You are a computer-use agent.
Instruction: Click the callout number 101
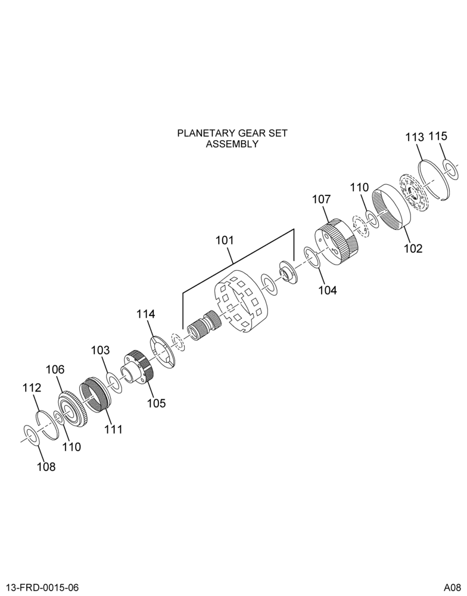click(225, 241)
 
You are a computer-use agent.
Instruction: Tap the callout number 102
click(413, 248)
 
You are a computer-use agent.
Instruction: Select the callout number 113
click(414, 137)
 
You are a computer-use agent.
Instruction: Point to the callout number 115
click(438, 136)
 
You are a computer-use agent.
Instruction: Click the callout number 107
click(322, 199)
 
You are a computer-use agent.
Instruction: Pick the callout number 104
click(328, 290)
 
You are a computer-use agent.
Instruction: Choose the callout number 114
click(146, 314)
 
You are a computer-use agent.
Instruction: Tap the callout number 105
click(157, 402)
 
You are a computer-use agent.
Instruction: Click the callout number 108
click(46, 467)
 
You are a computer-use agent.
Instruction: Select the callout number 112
click(32, 388)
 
